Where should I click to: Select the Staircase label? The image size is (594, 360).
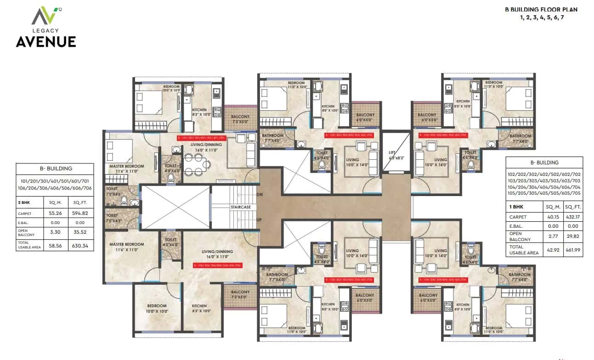[x=241, y=207]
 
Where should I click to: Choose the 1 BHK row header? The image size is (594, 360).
[x=516, y=206]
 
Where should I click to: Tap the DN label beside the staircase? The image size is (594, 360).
[x=259, y=195]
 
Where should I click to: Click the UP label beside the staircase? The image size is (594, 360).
[x=259, y=219]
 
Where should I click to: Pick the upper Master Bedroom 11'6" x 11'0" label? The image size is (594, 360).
[x=126, y=169]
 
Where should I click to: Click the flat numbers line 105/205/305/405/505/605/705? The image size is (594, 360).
[x=544, y=193]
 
